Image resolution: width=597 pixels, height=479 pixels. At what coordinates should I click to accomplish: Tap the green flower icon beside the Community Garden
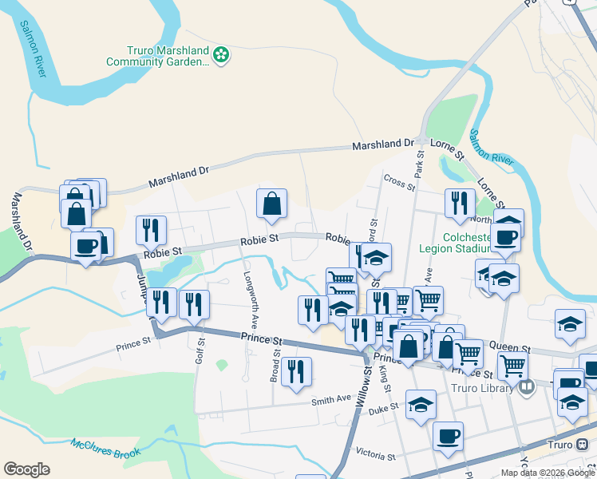coord(222,55)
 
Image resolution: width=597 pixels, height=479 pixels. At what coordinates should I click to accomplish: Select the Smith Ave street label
coord(331,398)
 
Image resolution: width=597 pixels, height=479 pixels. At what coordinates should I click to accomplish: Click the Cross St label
coord(399,183)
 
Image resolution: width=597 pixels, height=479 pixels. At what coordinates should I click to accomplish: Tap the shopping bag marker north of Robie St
coord(271,204)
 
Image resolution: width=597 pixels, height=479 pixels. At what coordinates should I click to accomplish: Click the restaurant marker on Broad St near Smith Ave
coord(296,371)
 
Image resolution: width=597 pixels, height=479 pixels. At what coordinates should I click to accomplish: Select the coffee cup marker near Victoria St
coord(448,436)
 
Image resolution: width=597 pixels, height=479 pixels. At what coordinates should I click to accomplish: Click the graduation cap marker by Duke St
coord(421,404)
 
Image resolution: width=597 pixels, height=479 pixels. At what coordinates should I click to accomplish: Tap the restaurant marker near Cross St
coord(459,204)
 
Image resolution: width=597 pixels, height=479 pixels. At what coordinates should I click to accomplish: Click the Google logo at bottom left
coord(26,469)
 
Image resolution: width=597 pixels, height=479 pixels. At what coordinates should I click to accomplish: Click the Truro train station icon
coord(581,445)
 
